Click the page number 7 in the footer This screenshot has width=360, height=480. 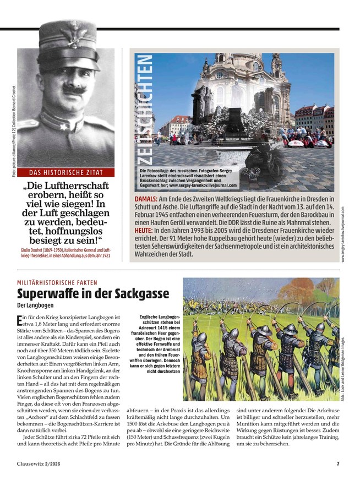coord(337,463)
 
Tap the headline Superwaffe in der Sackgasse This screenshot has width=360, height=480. coord(92,293)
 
